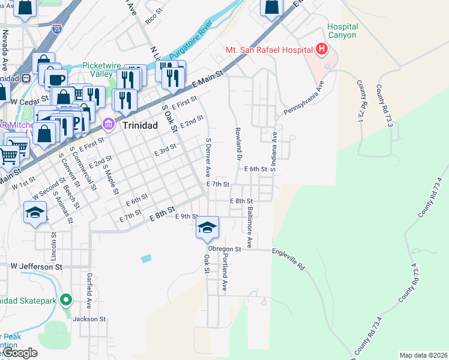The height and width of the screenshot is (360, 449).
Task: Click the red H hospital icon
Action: pos(322,49)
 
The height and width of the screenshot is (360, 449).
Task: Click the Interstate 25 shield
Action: pos(56,29)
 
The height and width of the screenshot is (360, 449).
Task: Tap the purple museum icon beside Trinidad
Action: pos(109,125)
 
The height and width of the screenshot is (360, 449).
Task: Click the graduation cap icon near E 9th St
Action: pos(208,227)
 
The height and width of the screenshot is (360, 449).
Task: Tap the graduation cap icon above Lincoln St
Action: pos(35,212)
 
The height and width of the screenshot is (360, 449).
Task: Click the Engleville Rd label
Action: pos(289,259)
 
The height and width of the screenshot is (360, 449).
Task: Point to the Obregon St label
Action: pos(224,248)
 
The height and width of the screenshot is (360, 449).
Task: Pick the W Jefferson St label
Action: pos(36,265)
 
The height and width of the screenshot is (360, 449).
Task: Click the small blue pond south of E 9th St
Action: pos(146,259)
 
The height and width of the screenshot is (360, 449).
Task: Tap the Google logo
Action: pos(20,353)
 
